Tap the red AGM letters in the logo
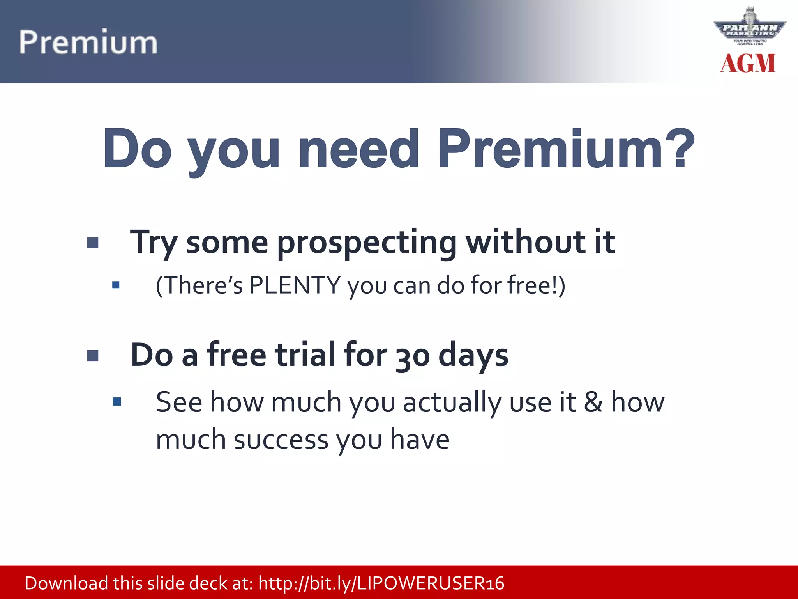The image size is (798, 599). (747, 64)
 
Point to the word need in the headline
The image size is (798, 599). (358, 149)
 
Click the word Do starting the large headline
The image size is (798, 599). (137, 149)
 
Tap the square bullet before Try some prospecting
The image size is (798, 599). (93, 243)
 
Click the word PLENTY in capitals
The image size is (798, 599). (295, 285)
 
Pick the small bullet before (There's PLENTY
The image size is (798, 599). (116, 285)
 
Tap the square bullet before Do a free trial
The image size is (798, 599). (93, 356)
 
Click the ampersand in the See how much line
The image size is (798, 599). (593, 402)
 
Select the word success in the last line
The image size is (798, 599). (281, 440)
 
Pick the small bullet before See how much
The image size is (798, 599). (117, 402)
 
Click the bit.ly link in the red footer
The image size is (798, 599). (381, 583)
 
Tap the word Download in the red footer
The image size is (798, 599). (66, 583)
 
